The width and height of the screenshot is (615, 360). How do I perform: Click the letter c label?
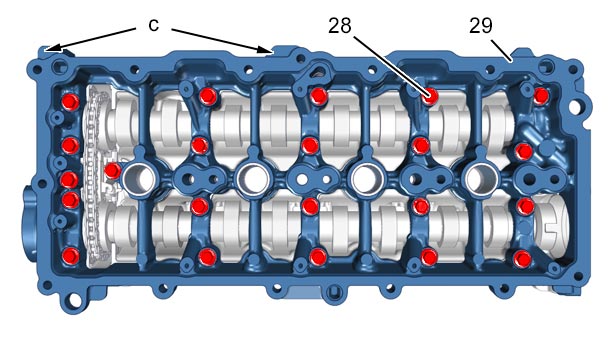[154, 25]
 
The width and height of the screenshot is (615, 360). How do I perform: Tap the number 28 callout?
[340, 26]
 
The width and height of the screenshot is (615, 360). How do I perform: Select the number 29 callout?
[480, 26]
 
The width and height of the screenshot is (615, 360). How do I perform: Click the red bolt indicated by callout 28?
[430, 96]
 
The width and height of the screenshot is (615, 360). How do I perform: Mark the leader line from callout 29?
[501, 50]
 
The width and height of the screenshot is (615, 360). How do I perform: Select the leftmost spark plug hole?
[139, 179]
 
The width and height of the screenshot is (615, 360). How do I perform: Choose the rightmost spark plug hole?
[482, 179]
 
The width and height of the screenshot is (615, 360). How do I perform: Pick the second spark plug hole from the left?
[253, 179]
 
